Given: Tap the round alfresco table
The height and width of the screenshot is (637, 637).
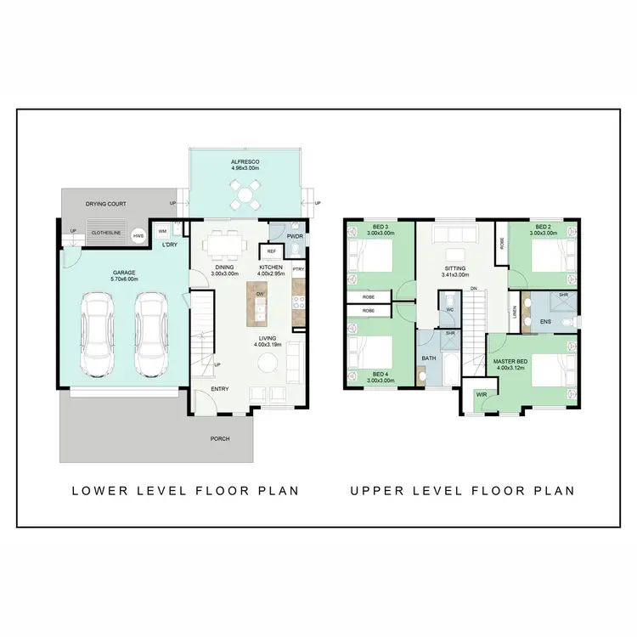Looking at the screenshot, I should pos(245,194).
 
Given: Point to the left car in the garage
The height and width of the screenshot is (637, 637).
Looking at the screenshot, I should pos(98,335).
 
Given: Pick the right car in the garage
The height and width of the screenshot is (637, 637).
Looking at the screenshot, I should pos(151,335).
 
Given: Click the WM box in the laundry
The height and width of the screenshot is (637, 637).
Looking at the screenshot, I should pos(162,231).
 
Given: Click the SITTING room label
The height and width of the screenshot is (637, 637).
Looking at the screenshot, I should pos(456,271).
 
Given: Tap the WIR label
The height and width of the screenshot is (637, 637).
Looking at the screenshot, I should pos(481,393).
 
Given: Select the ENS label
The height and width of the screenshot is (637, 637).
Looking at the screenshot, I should pos(545,323).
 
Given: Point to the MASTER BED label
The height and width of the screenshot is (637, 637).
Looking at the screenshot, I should pos(511,364).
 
